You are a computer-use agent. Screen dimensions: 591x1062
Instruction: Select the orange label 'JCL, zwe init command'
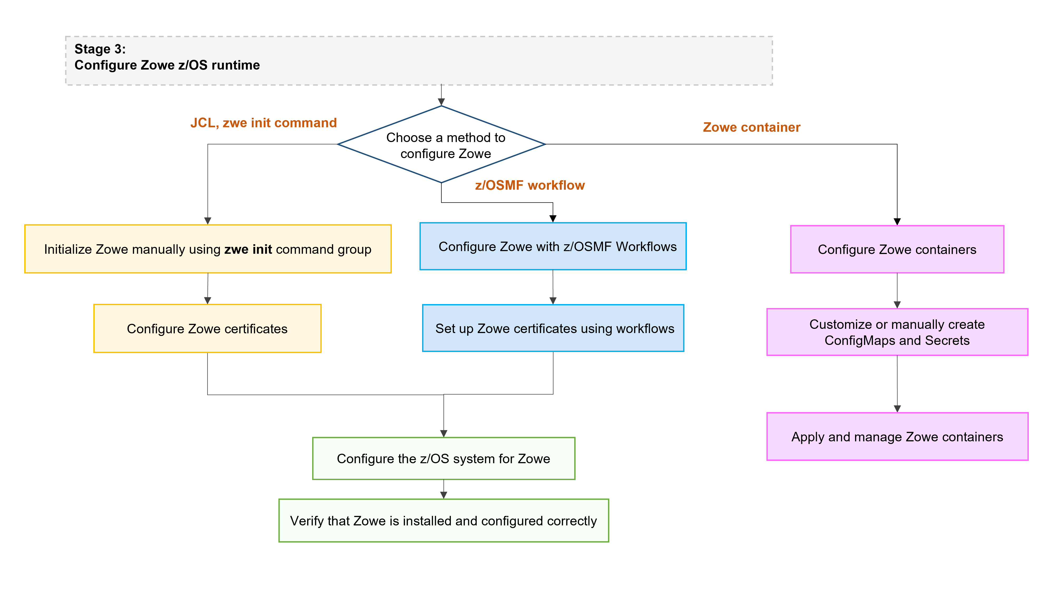click(263, 123)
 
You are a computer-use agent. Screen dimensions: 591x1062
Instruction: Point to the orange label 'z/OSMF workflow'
click(529, 185)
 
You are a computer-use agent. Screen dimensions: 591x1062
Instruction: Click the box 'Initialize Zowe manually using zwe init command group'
click(208, 249)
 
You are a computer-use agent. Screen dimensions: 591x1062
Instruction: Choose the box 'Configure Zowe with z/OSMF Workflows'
click(553, 246)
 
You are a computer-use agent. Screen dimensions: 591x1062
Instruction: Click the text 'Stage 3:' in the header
click(100, 49)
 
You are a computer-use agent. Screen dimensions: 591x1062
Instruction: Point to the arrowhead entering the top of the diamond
click(441, 102)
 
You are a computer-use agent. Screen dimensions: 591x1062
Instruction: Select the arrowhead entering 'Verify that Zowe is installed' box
click(444, 495)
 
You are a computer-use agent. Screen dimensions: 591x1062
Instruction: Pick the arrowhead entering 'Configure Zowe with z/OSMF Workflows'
click(553, 219)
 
